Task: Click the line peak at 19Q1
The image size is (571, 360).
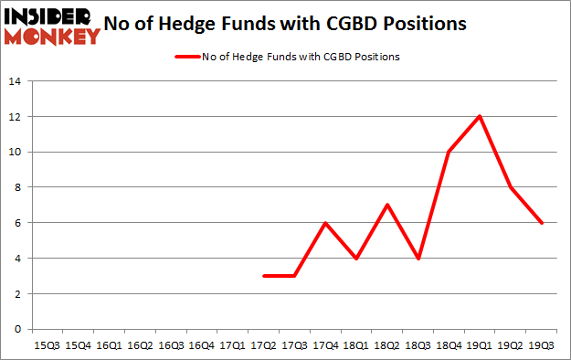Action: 479,116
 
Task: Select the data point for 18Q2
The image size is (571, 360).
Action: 386,205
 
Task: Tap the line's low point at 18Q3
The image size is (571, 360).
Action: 418,258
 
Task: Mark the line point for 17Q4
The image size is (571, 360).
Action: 324,222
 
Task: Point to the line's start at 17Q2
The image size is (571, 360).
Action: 263,275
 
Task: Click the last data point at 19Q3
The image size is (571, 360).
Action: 541,222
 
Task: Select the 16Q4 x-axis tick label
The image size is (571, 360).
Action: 201,345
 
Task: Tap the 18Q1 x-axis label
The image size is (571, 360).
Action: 355,345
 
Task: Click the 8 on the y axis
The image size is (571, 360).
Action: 17,187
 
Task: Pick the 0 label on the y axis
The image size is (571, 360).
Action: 17,329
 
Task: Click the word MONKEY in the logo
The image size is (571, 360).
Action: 52,36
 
